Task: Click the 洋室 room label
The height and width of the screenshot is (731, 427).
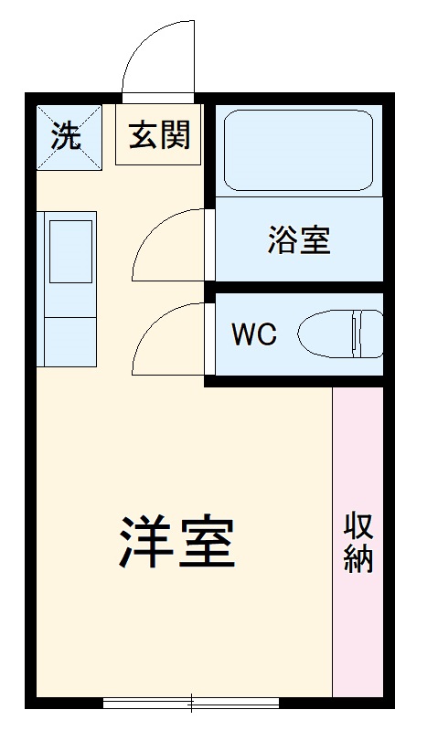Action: (x=178, y=545)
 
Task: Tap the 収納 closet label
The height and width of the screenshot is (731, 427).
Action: (x=358, y=544)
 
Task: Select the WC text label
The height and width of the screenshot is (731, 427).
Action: (x=253, y=334)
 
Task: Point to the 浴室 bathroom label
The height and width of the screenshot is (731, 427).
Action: (x=299, y=239)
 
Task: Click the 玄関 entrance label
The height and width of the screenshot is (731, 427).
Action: (x=159, y=135)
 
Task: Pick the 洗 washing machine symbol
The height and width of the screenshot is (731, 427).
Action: (x=65, y=137)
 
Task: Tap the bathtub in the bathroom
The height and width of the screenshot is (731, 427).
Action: (x=299, y=150)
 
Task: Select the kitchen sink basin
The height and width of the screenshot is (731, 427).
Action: (x=69, y=250)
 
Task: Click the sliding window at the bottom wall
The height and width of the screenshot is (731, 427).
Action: (x=191, y=702)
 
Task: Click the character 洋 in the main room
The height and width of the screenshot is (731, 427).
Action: (x=146, y=545)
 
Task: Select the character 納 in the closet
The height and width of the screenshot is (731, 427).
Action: (x=358, y=560)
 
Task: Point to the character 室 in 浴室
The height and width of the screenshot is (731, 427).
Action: (x=315, y=239)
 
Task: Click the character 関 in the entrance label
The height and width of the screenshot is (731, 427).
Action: (x=175, y=135)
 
